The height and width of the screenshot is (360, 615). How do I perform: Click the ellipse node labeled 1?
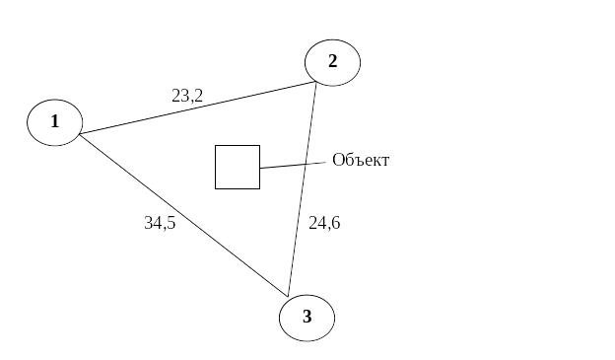tap(55, 122)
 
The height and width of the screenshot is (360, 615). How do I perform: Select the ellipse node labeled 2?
tap(332, 62)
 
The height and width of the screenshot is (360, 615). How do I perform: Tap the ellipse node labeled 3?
tap(307, 318)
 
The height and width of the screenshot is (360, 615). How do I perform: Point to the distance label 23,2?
tap(187, 96)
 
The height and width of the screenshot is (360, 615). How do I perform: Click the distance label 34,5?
tap(160, 223)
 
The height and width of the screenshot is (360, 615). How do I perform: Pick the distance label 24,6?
tap(324, 223)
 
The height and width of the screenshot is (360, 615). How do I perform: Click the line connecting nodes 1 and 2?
tap(198, 108)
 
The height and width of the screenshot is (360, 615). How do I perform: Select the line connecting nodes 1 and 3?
tap(183, 215)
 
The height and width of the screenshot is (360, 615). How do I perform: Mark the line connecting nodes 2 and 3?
tap(302, 189)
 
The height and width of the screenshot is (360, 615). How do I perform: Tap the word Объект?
tap(361, 160)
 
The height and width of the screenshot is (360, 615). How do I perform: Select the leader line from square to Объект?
tap(293, 166)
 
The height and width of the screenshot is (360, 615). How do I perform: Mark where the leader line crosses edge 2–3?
tap(306, 164)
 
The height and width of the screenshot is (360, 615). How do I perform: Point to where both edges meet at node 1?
tap(80, 135)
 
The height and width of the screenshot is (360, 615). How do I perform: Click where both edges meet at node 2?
tap(316, 82)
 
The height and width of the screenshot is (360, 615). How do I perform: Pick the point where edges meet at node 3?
tap(288, 297)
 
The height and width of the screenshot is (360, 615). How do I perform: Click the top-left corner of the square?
tap(215, 145)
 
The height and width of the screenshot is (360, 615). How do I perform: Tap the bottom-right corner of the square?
tap(259, 188)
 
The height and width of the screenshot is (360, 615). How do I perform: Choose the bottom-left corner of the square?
tap(215, 188)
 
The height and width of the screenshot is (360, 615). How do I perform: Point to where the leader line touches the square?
tap(259, 169)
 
